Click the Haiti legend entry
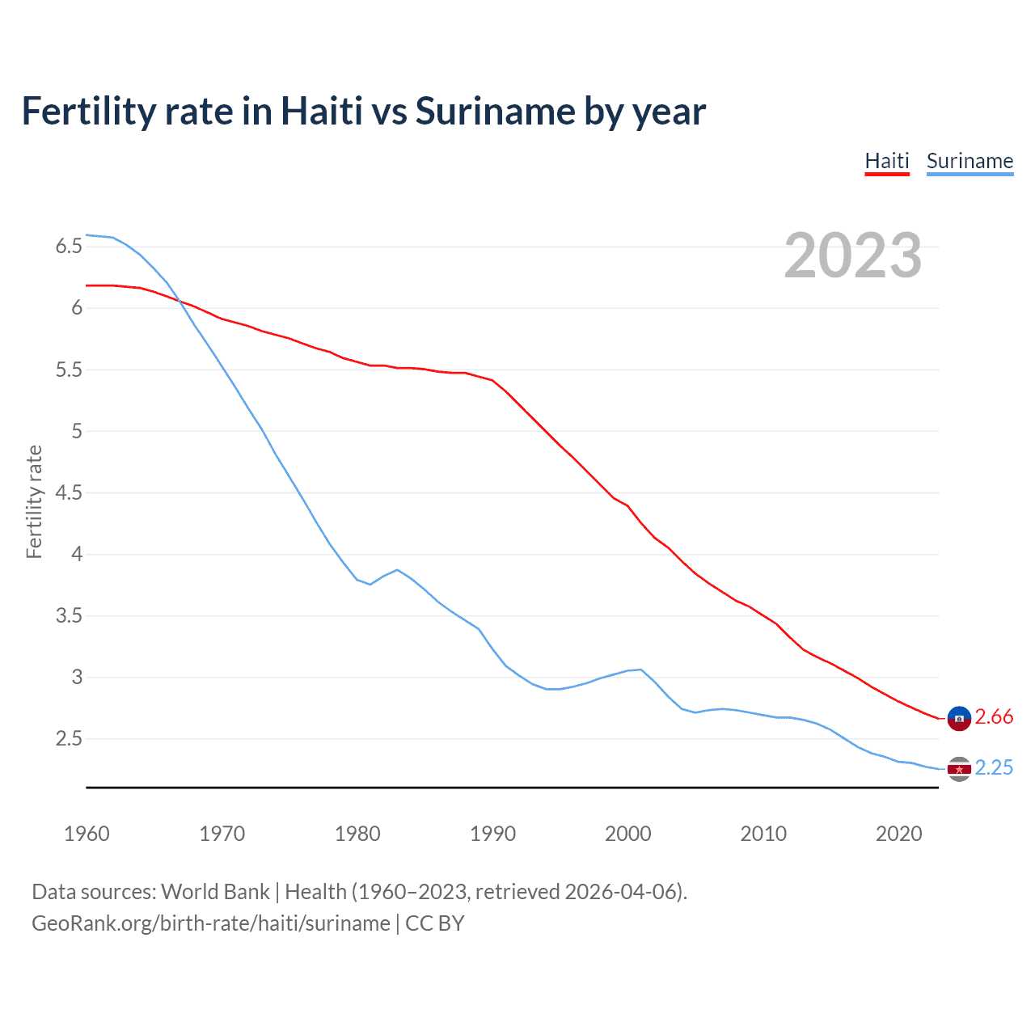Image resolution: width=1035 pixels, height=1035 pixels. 887,161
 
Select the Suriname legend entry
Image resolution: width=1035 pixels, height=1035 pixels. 970,161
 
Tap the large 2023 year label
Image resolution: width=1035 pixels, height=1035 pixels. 853,256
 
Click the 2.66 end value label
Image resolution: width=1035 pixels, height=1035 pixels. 994,717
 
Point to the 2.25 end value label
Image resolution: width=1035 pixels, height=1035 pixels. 994,767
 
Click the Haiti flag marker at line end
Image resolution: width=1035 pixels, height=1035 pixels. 959,718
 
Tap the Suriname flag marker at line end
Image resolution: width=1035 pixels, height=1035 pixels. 959,769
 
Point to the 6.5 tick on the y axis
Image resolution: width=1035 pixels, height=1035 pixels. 69,247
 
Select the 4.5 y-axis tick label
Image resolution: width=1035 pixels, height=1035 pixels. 69,493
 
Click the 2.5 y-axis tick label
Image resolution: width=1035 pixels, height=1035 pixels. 69,739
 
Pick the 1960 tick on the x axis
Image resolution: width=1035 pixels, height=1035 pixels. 87,834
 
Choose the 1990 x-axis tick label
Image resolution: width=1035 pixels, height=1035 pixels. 492,834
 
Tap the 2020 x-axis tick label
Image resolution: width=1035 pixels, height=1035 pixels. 898,834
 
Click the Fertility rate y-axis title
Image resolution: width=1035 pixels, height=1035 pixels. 34,501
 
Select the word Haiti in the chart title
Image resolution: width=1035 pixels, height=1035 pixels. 321,111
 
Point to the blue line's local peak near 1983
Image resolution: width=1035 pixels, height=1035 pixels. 397,569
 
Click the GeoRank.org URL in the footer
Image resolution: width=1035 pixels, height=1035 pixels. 211,923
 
